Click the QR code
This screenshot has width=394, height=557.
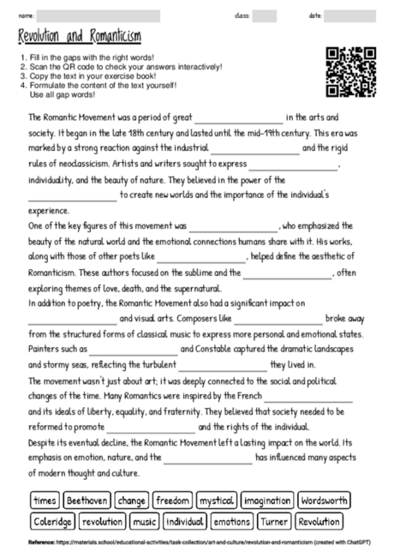[x=352, y=74]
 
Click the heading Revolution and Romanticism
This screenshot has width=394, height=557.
[x=80, y=37]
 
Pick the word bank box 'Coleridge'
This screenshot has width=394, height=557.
[x=54, y=521]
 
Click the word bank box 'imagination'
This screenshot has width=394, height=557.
[x=266, y=500]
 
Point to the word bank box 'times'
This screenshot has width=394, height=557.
[x=45, y=500]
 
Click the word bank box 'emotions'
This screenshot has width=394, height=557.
[x=231, y=521]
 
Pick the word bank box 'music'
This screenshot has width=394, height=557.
[x=145, y=521]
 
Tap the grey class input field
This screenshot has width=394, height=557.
[x=264, y=15]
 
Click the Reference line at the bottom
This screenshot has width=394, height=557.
[x=197, y=543]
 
